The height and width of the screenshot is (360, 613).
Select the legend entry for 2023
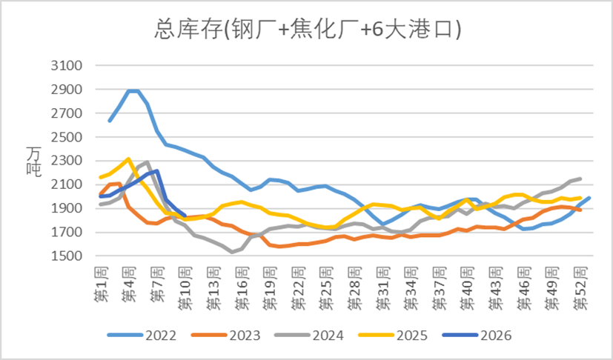pyautogui.click(x=226, y=336)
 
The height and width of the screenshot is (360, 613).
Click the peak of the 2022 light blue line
pyautogui.click(x=133, y=91)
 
